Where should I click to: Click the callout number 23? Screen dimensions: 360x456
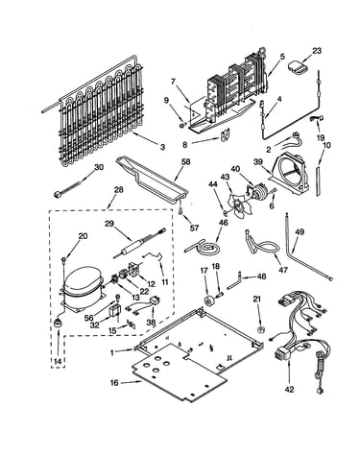tap(317, 51)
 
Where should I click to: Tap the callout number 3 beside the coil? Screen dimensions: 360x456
tap(162, 147)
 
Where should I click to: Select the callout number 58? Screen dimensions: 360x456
tap(185, 162)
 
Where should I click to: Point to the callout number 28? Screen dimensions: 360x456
tap(118, 190)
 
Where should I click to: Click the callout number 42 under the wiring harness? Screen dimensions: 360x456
tap(289, 390)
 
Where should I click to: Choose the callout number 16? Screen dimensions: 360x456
tap(114, 383)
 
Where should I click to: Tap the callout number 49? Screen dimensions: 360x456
tap(300, 232)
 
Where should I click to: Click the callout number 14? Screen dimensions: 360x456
tap(58, 361)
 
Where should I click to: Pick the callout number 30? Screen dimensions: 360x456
tap(99, 167)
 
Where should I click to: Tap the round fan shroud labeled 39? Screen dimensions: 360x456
tap(291, 175)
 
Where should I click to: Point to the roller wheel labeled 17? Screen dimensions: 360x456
tap(210, 300)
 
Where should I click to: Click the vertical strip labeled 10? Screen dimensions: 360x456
tap(318, 180)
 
